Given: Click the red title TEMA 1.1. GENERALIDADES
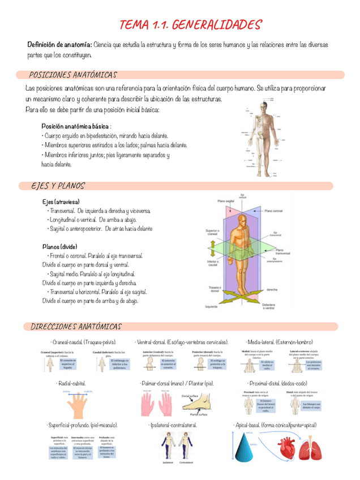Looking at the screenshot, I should click(x=191, y=25).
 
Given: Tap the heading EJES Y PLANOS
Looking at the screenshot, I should click(x=58, y=186).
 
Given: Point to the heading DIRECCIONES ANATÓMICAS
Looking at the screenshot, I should click(x=76, y=327).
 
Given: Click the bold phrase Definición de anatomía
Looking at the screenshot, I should click(x=59, y=44).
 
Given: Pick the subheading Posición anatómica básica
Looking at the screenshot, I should click(x=76, y=126).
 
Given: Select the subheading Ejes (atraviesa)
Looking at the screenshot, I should click(x=61, y=202).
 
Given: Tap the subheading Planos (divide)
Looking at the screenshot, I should click(x=59, y=247).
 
